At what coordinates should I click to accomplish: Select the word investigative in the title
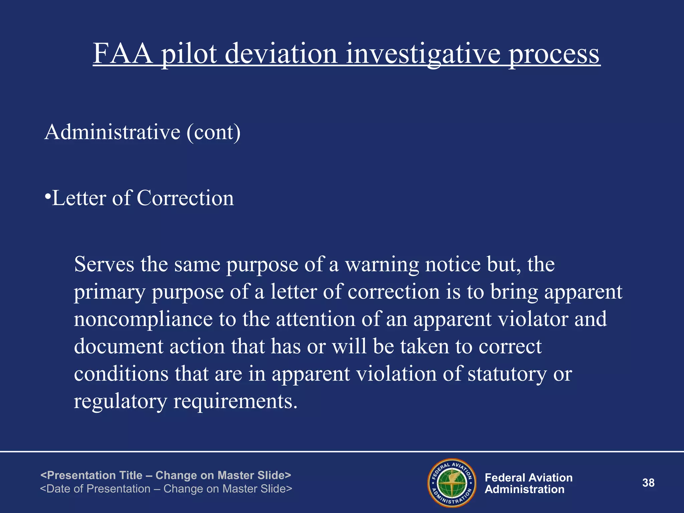[423, 54]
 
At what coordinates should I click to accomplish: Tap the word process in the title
[554, 54]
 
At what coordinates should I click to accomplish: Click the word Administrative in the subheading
[112, 132]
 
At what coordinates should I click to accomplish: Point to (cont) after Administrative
[214, 133]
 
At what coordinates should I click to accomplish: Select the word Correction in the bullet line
[185, 198]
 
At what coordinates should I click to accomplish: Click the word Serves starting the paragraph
[104, 264]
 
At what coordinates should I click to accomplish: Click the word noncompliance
[143, 319]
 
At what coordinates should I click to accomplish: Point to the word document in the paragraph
[119, 346]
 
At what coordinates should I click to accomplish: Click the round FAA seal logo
[452, 483]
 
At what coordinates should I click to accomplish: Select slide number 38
[648, 483]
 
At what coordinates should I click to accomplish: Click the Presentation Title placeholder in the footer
[166, 475]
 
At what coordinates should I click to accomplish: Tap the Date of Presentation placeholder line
[166, 489]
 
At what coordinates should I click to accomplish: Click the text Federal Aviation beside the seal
[528, 478]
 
